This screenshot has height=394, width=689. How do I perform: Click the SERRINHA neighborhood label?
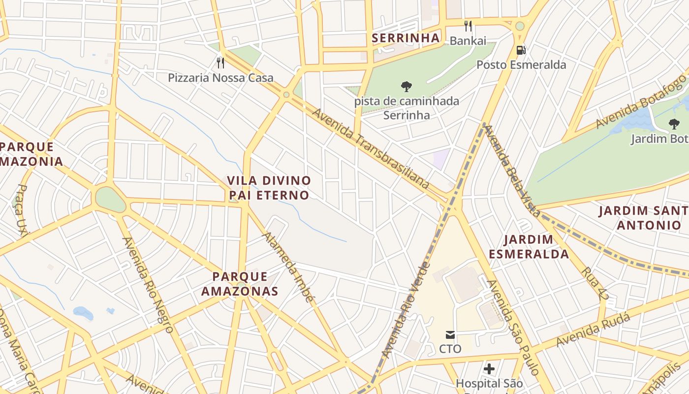pos(406,38)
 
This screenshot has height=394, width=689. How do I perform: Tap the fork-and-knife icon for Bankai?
pos(468,26)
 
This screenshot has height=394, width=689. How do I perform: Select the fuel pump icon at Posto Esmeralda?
pos(521,50)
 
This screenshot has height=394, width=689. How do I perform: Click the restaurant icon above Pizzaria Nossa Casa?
pos(220,63)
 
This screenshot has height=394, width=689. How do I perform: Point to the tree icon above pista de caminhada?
pos(406,87)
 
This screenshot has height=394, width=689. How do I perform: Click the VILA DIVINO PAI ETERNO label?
pos(269,188)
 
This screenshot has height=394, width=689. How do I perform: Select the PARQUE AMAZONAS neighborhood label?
pos(240,284)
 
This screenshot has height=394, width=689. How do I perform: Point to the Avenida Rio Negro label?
pos(148,285)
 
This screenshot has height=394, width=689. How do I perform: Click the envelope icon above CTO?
pos(450,335)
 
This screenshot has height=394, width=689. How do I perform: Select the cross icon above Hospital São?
pos(489,368)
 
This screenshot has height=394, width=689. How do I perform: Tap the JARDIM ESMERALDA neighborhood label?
pos(536,247)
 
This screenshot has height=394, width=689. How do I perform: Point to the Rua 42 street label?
pos(595,283)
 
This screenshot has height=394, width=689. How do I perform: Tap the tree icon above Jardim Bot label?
pos(674,124)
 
